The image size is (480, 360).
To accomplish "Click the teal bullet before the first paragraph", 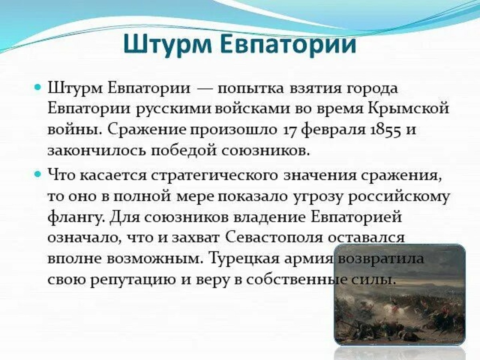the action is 38,88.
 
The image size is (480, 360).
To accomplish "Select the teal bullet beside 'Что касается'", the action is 38,174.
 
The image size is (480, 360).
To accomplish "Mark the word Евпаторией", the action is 356,217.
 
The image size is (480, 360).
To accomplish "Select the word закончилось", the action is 96,151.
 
